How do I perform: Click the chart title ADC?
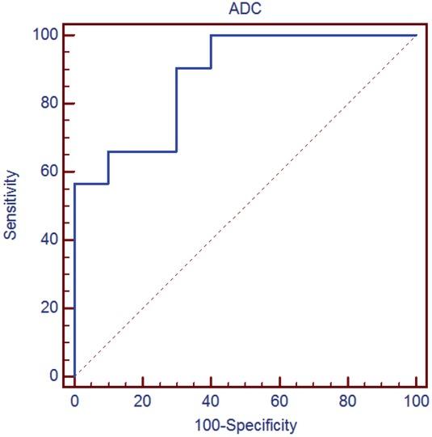point(245,11)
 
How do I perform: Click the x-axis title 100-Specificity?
point(245,424)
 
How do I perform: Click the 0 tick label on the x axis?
point(74,400)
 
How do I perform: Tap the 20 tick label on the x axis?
point(143,400)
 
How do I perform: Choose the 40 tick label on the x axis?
point(211,400)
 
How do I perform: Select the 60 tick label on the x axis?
point(279,400)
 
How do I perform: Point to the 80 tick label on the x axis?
point(348,400)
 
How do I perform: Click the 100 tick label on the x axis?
point(416,400)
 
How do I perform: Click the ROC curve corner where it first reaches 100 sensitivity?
point(211,35)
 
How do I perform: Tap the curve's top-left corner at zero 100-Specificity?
point(74,184)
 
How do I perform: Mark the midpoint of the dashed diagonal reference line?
point(245,206)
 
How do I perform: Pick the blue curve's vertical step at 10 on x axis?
point(108,168)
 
